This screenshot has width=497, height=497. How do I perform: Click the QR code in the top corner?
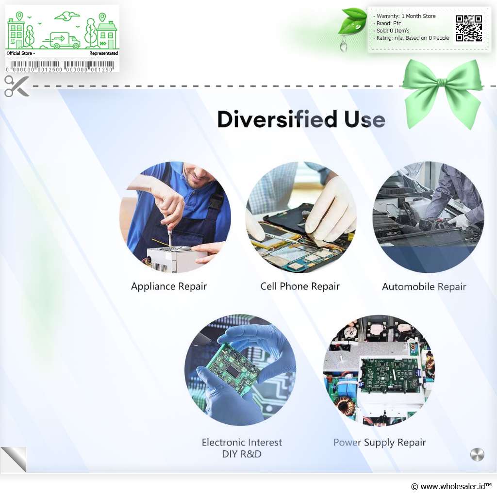pos(469,28)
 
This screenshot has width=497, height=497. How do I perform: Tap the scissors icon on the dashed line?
pos(17,86)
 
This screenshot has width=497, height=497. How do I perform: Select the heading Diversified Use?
pos(301,119)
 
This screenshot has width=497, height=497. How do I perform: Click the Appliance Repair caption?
pos(169,286)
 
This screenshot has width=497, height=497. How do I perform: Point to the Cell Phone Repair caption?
pos(300,286)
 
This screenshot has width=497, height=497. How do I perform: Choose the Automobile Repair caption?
pos(424,287)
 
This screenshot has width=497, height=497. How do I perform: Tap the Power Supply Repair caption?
pos(380,443)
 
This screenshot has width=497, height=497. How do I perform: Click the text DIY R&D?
pos(242,454)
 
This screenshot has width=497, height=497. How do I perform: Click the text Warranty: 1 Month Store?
pos(406,16)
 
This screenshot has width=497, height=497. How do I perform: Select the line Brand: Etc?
pos(389,23)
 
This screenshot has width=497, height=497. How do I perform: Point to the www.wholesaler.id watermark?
pos(451,486)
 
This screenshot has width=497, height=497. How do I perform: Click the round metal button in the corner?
pos(477,454)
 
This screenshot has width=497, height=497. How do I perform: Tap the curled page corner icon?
pos(14,459)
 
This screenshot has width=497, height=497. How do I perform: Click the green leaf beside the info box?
pos(352,21)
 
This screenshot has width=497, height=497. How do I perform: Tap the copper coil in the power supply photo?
pos(344,406)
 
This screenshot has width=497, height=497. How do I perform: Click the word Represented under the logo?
pos(104,53)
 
